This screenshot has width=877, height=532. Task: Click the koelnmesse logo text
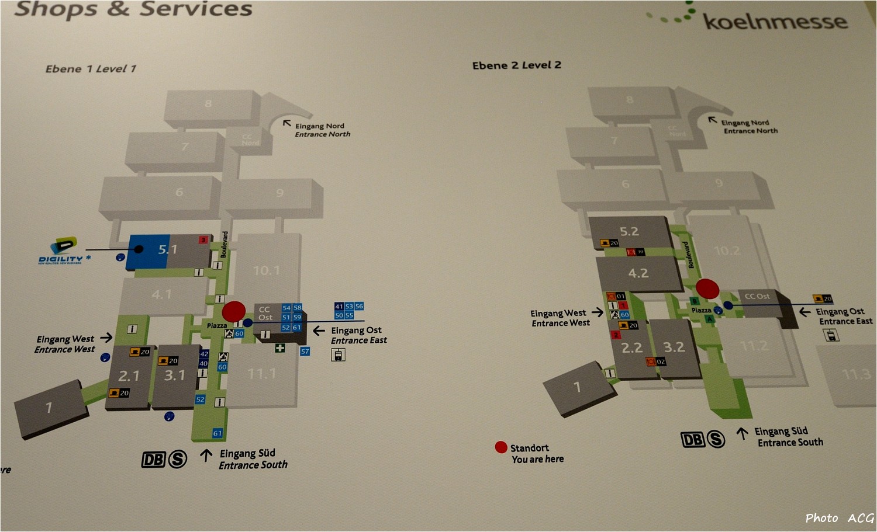(775, 22)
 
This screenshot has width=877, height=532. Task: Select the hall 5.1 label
(167, 250)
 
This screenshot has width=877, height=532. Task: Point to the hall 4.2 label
(638, 273)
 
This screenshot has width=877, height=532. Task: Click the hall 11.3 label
(856, 374)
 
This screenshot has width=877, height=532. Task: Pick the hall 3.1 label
(174, 375)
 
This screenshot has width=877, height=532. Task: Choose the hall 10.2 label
(726, 251)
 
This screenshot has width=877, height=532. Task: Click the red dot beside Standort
(501, 447)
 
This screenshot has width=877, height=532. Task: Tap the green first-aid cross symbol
(280, 348)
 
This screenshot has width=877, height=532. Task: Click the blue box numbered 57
(305, 352)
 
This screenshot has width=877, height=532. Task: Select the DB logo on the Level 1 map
(153, 460)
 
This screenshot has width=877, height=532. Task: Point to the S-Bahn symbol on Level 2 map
(716, 439)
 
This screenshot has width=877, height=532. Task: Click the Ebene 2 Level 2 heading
(516, 65)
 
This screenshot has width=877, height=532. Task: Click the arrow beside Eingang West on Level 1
(106, 338)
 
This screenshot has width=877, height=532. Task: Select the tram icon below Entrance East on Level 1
(338, 355)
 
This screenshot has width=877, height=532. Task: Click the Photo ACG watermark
(839, 518)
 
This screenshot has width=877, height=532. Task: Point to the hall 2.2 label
(631, 348)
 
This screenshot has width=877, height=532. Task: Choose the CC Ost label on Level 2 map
(757, 297)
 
